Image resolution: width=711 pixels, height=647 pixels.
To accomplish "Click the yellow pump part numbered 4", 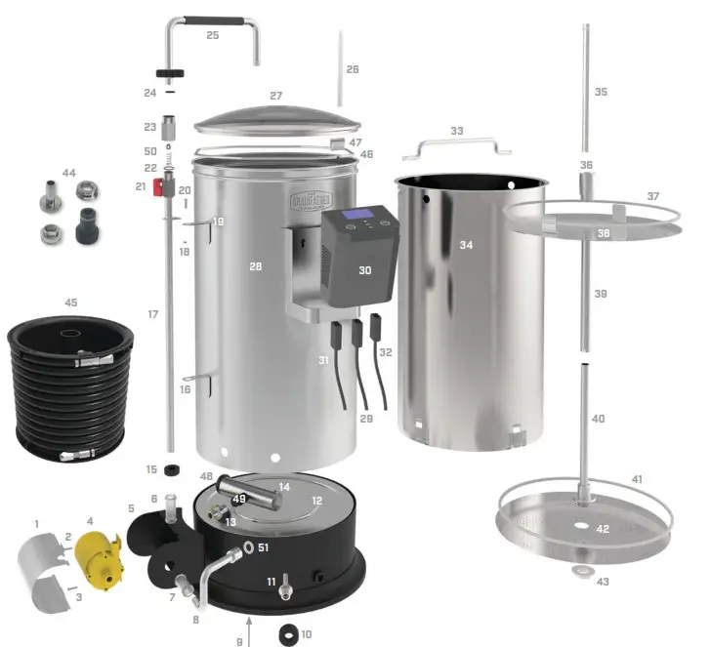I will point(99,558).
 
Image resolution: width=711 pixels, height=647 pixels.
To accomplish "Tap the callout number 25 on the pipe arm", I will point(212,35).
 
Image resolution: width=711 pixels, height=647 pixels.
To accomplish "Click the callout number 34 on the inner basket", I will point(467,245).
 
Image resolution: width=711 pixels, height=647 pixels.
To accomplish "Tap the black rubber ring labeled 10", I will point(289,633).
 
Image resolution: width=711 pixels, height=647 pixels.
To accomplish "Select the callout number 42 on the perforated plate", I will point(603,529).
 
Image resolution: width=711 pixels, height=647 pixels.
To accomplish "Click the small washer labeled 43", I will point(584,570).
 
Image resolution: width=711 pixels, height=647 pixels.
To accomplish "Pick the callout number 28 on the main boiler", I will point(256,265).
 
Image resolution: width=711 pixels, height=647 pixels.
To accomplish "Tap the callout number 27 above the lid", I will point(276,96).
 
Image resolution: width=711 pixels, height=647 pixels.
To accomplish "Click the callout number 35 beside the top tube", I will point(601,92).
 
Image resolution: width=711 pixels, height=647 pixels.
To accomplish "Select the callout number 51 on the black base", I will point(263,547).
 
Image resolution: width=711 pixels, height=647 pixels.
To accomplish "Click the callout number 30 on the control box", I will point(364,269).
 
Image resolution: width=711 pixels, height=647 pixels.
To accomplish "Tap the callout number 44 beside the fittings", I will point(68,173).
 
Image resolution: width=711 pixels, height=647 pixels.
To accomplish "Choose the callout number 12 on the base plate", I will point(316,500).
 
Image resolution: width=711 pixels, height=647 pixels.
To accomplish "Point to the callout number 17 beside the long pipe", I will point(152,314).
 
